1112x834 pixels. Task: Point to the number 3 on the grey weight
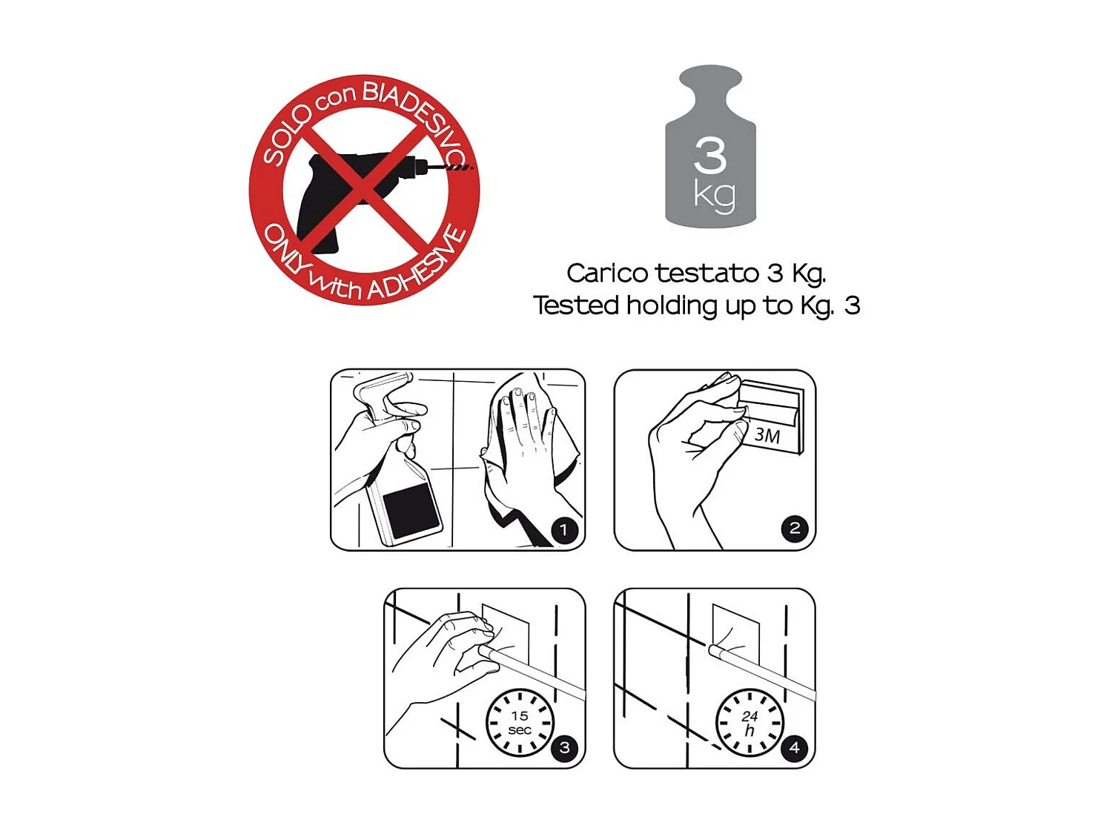tap(710, 156)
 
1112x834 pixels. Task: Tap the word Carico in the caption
tap(607, 274)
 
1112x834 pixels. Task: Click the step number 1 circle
tap(564, 530)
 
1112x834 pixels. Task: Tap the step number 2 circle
tap(795, 529)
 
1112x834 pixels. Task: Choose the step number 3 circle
tap(565, 747)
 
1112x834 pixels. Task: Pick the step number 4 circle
tap(795, 747)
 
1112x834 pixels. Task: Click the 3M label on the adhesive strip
tap(767, 435)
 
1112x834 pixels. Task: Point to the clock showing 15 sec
tap(520, 722)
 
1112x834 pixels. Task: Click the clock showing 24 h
tap(749, 722)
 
